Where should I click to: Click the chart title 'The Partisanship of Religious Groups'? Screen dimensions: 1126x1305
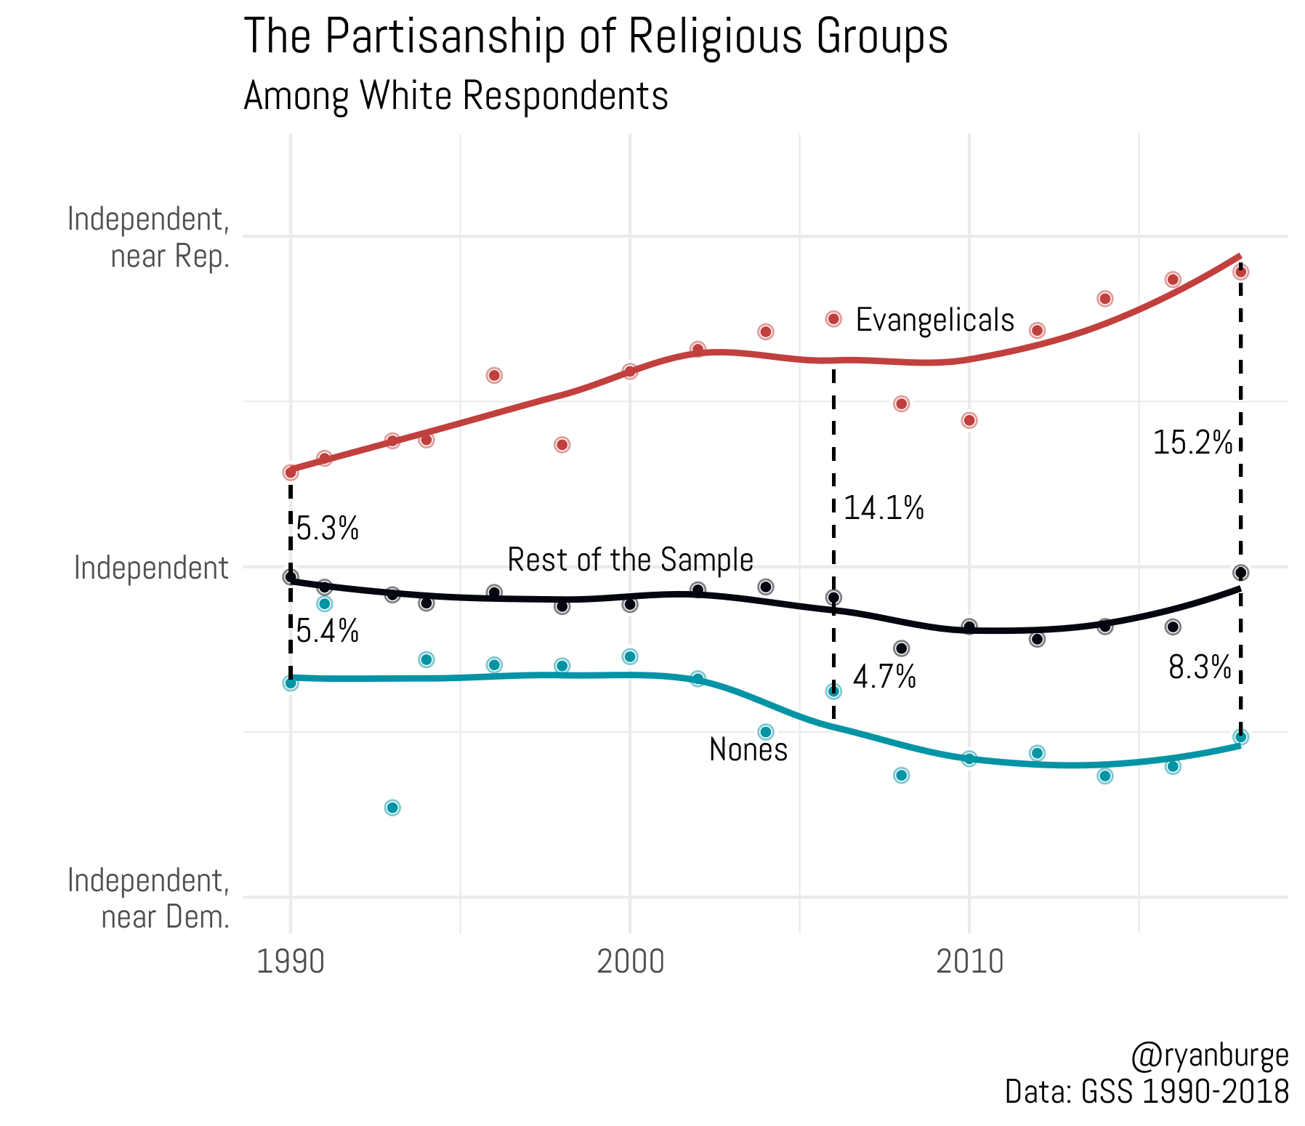pyautogui.click(x=595, y=36)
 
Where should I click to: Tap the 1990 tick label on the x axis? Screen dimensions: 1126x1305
pyautogui.click(x=291, y=962)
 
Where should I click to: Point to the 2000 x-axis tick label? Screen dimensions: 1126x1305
pyautogui.click(x=630, y=962)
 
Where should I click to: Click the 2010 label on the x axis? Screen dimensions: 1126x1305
pyautogui.click(x=969, y=962)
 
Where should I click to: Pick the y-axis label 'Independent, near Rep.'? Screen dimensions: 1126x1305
pyautogui.click(x=149, y=238)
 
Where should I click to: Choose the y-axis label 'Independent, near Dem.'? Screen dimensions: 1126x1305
pyautogui.click(x=149, y=898)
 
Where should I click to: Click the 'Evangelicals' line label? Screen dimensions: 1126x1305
pyautogui.click(x=934, y=320)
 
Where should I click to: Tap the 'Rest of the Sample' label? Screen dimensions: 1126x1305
pyautogui.click(x=630, y=560)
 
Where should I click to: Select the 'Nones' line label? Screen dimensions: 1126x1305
pyautogui.click(x=748, y=749)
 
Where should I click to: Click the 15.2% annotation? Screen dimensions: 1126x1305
pyautogui.click(x=1192, y=443)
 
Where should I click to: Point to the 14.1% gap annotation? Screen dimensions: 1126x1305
pyautogui.click(x=884, y=508)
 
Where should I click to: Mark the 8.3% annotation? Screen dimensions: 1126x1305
pyautogui.click(x=1200, y=667)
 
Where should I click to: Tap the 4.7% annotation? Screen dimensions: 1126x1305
pyautogui.click(x=884, y=677)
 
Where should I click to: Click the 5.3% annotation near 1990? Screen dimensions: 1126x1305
pyautogui.click(x=328, y=528)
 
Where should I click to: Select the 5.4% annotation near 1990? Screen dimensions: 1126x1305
pyautogui.click(x=328, y=631)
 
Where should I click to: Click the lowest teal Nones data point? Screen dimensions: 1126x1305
pyautogui.click(x=392, y=808)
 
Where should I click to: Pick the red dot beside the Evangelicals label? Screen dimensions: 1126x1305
pyautogui.click(x=833, y=319)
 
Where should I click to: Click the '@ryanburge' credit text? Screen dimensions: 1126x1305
pyautogui.click(x=1210, y=1055)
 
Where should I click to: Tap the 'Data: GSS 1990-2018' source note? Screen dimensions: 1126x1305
pyautogui.click(x=1147, y=1092)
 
